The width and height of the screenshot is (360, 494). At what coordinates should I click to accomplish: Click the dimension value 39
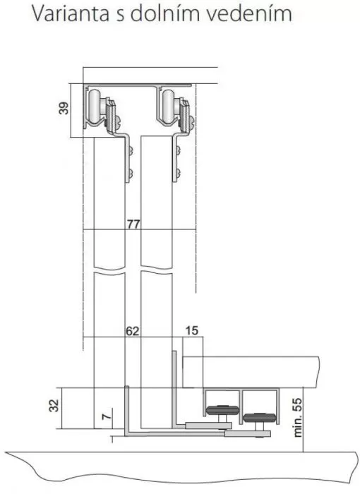64,108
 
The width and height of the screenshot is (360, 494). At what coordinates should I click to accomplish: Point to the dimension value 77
133,224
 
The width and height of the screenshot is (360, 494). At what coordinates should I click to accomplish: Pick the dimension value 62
133,331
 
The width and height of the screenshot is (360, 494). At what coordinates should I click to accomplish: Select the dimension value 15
192,330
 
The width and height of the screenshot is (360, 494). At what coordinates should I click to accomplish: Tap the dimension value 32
54,405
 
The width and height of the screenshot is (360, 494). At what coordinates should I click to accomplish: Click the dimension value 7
107,416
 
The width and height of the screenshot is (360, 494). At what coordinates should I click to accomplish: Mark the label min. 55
298,418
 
